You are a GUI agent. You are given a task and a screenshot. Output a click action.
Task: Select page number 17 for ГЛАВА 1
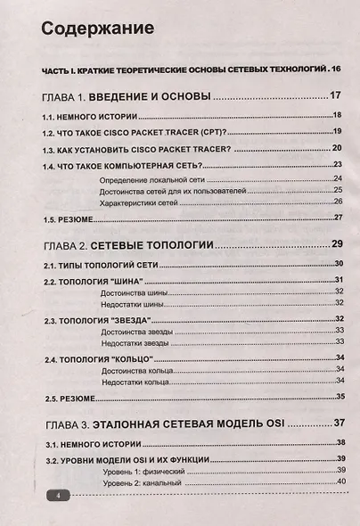(x=336, y=96)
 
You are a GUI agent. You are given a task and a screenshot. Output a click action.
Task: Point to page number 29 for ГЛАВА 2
(x=337, y=244)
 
